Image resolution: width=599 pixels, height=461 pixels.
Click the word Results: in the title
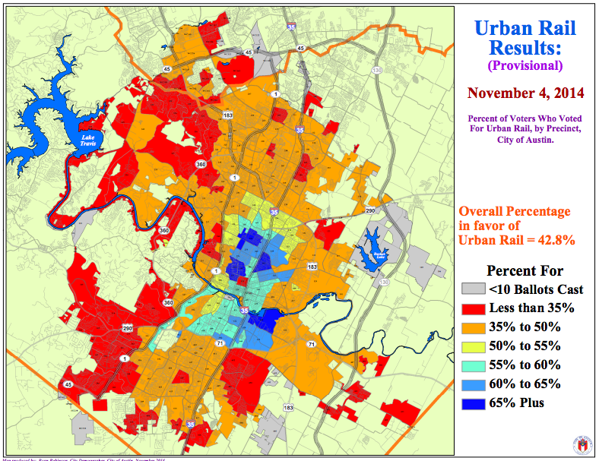pyautogui.click(x=525, y=49)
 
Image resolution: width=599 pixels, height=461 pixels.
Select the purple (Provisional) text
pyautogui.click(x=525, y=66)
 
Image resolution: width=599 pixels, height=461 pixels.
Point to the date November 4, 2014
pyautogui.click(x=525, y=93)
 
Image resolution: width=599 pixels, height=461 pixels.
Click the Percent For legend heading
pyautogui.click(x=525, y=270)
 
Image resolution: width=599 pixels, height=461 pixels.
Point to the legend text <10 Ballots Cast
pyautogui.click(x=536, y=289)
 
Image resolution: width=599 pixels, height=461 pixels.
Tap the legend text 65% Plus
pyautogui.click(x=517, y=403)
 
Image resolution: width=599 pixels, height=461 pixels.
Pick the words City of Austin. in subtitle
pyautogui.click(x=525, y=138)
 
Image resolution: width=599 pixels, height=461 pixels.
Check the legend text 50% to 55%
pyautogui.click(x=525, y=346)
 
